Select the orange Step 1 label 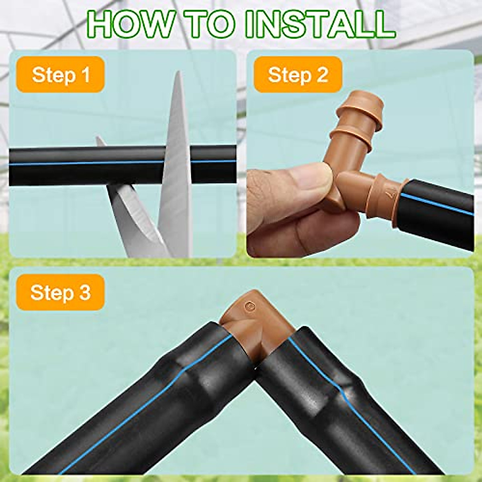61,75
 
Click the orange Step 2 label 298,75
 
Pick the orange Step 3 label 61,292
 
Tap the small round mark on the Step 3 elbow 250,306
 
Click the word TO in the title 208,25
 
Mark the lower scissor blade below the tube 133,217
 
